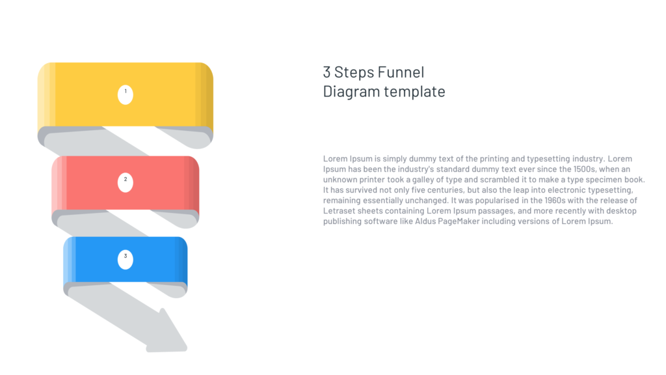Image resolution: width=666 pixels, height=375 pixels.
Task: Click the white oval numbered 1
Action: (126, 94)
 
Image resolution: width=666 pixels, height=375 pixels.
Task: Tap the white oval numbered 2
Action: (126, 182)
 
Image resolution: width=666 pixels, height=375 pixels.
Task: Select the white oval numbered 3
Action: (126, 259)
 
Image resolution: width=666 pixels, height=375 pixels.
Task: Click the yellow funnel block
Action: (163, 94)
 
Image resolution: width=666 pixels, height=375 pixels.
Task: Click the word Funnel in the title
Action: (401, 72)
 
